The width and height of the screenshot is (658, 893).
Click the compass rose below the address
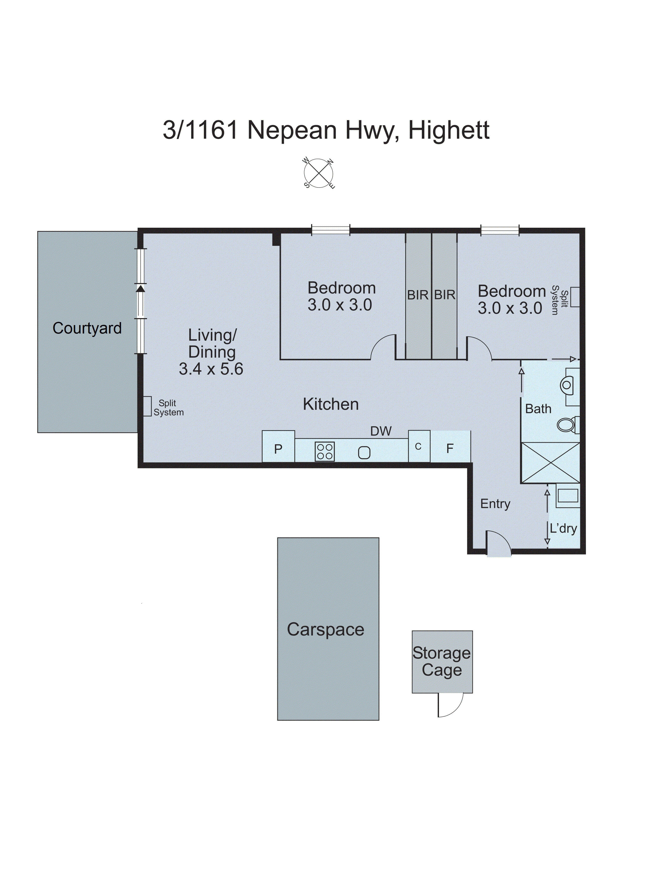pyautogui.click(x=318, y=173)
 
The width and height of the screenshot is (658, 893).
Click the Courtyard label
pyautogui.click(x=87, y=328)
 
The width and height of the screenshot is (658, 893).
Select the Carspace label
pyautogui.click(x=326, y=629)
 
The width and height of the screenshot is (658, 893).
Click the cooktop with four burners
pyautogui.click(x=325, y=451)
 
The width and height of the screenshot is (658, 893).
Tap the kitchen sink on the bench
pyautogui.click(x=364, y=452)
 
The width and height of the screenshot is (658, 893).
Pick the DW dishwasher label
pyautogui.click(x=381, y=431)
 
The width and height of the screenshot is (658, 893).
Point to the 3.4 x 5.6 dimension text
pyautogui.click(x=211, y=369)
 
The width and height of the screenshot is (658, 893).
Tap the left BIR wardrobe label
pyautogui.click(x=417, y=295)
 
